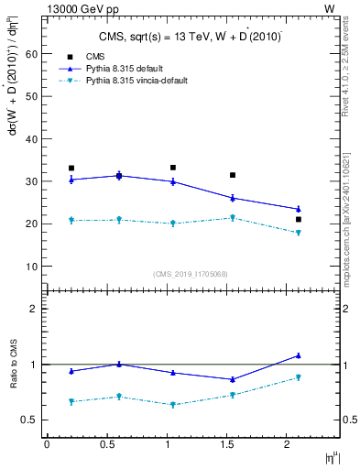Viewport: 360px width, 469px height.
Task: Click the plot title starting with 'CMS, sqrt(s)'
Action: (190, 37)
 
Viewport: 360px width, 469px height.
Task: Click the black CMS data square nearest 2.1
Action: (299, 220)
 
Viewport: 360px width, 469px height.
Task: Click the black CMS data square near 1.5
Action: (233, 175)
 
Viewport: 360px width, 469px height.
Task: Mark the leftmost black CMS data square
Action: (71, 169)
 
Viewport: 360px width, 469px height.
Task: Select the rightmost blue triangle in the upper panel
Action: (299, 209)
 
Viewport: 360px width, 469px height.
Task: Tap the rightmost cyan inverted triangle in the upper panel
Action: (299, 233)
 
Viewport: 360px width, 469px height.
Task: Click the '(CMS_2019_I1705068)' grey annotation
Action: (191, 273)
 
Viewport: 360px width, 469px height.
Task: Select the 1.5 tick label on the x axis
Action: (233, 444)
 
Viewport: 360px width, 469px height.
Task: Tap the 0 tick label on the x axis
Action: (47, 444)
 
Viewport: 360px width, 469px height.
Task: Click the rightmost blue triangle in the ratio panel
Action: (299, 355)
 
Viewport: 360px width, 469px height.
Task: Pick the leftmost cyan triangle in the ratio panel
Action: (71, 401)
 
